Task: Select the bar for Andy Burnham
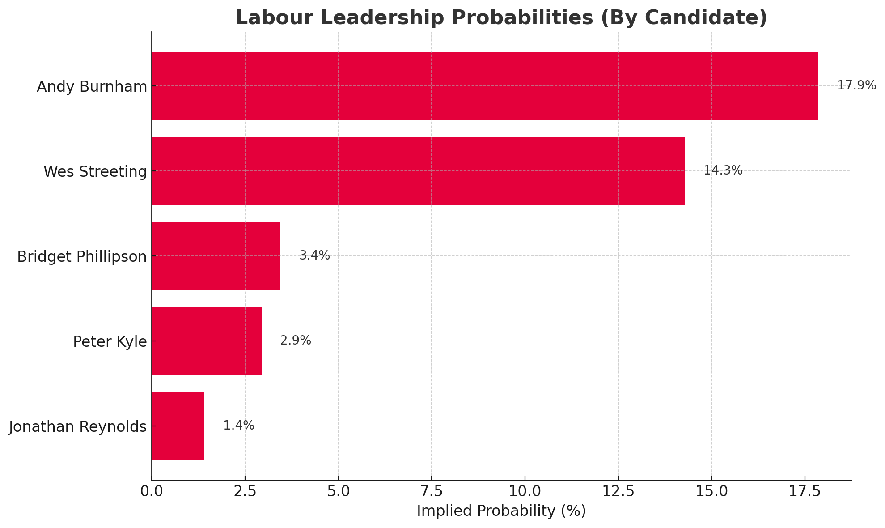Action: pos(485,86)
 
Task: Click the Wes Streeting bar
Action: pos(418,171)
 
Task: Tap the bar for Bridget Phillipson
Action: pos(216,256)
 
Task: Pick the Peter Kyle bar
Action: pos(207,341)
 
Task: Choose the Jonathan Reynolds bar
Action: pos(178,426)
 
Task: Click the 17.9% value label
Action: pos(856,85)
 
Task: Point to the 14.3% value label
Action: pos(723,170)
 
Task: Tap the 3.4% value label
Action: pos(314,255)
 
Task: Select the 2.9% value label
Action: pos(295,341)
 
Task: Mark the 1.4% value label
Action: pos(238,426)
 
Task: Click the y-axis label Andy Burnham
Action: pos(92,86)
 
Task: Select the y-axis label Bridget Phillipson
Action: pos(82,257)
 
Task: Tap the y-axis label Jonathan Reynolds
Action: pos(78,427)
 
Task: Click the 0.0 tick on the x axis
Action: pos(152,491)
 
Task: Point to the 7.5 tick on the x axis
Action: pos(432,491)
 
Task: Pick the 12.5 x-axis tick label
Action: pos(618,491)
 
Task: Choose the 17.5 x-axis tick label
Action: pos(805,491)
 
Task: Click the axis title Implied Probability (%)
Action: pos(501,511)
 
